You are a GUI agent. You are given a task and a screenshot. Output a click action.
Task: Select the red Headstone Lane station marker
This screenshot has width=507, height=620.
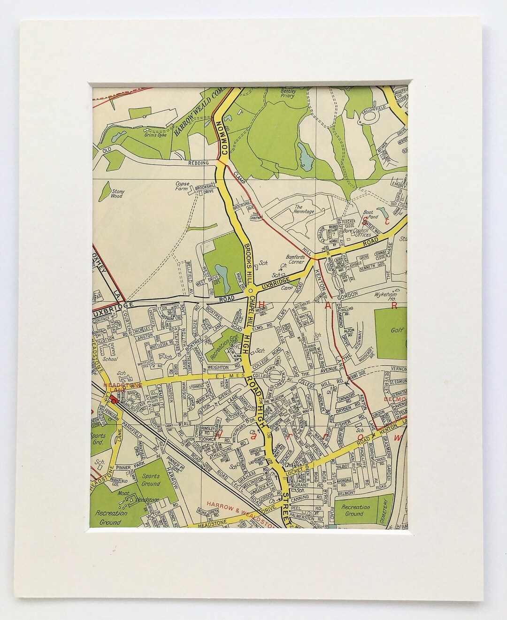[x=114, y=401]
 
